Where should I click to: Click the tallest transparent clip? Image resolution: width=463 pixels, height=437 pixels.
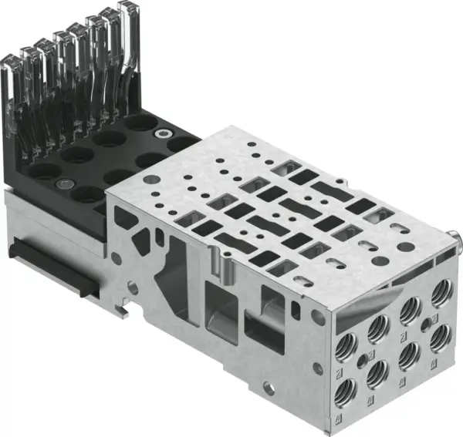pos(123,31)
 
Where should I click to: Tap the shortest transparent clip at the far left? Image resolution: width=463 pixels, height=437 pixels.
pos(13,85)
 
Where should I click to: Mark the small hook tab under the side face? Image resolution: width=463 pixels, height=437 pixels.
pos(122,311)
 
